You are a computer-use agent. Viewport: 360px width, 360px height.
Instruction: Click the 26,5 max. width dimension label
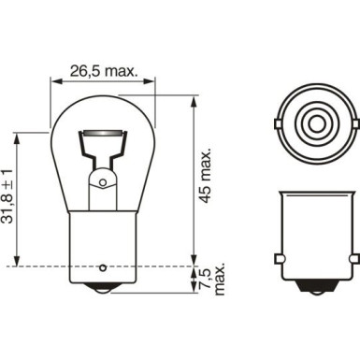coord(104,69)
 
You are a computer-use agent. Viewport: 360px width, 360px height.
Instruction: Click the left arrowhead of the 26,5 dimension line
coord(54,81)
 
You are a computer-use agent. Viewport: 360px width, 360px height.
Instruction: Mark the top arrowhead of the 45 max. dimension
coord(193,99)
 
